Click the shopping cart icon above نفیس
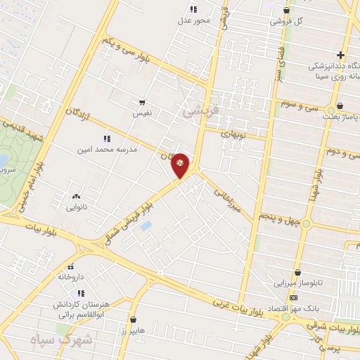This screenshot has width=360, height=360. coord(142,103)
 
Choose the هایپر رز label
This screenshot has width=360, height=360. coord(131,330)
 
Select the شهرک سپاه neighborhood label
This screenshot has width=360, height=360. coord(52,340)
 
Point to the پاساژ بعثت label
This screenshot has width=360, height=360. coord(340,117)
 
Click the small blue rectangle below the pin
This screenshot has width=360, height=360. coord(146,226)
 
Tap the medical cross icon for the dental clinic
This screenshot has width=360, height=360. coord(340,55)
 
